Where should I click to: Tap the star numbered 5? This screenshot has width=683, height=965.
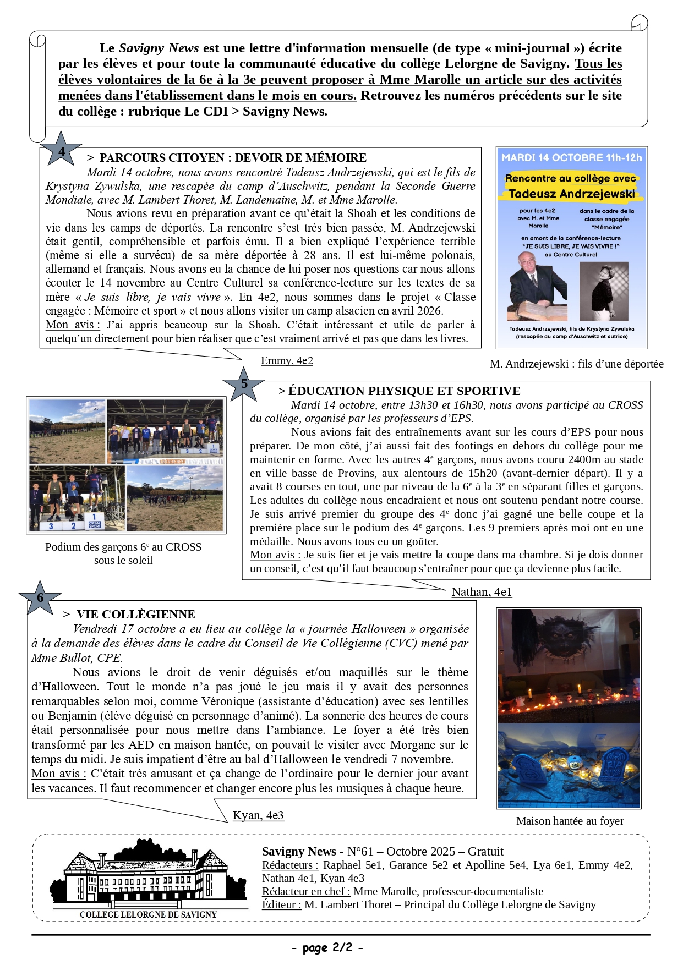244,384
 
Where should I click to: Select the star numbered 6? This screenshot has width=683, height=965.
40,598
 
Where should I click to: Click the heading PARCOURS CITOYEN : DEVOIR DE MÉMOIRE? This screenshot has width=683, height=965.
233,158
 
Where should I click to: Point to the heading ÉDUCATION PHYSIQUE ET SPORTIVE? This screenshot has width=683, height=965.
404,391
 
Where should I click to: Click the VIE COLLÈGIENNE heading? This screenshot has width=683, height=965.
135,615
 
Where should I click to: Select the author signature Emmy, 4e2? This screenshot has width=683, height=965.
287,361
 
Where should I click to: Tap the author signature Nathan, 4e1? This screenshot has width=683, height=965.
482,592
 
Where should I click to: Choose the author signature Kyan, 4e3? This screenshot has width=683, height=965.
258,815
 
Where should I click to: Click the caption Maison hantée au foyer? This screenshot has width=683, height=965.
570,821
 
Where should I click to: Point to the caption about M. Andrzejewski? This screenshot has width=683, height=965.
576,364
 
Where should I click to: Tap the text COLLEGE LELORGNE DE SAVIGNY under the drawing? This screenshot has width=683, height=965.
148,914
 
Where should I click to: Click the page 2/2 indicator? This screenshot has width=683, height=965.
327,947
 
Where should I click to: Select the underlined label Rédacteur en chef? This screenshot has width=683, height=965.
306,891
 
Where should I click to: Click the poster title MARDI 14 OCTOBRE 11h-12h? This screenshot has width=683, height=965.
571,158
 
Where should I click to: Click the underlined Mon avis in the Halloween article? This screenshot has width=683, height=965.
58,774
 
